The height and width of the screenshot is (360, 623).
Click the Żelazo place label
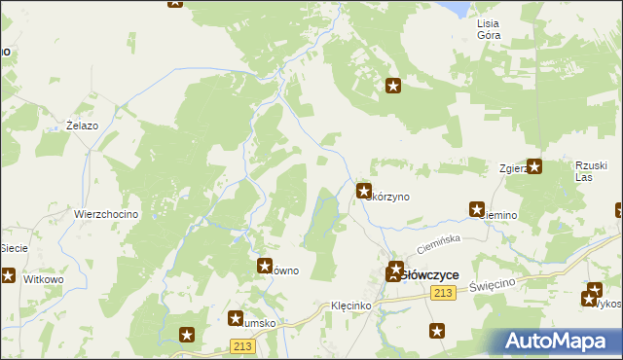coord(83,126)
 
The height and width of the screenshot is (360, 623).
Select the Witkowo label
coord(43,278)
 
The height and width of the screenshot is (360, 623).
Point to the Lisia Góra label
coord(489,28)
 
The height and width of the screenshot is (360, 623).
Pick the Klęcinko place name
coord(349,306)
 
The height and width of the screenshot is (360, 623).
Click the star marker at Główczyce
coord(396,270)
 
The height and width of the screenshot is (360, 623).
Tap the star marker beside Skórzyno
coord(364,192)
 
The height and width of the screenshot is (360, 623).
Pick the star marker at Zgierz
coord(534,166)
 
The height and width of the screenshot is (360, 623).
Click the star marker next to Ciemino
coord(477,208)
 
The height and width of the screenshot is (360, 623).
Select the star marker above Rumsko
coord(236,318)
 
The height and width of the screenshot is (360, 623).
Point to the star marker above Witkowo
coord(7,276)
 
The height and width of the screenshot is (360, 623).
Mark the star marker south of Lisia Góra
coord(393,86)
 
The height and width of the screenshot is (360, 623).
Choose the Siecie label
coord(14,248)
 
